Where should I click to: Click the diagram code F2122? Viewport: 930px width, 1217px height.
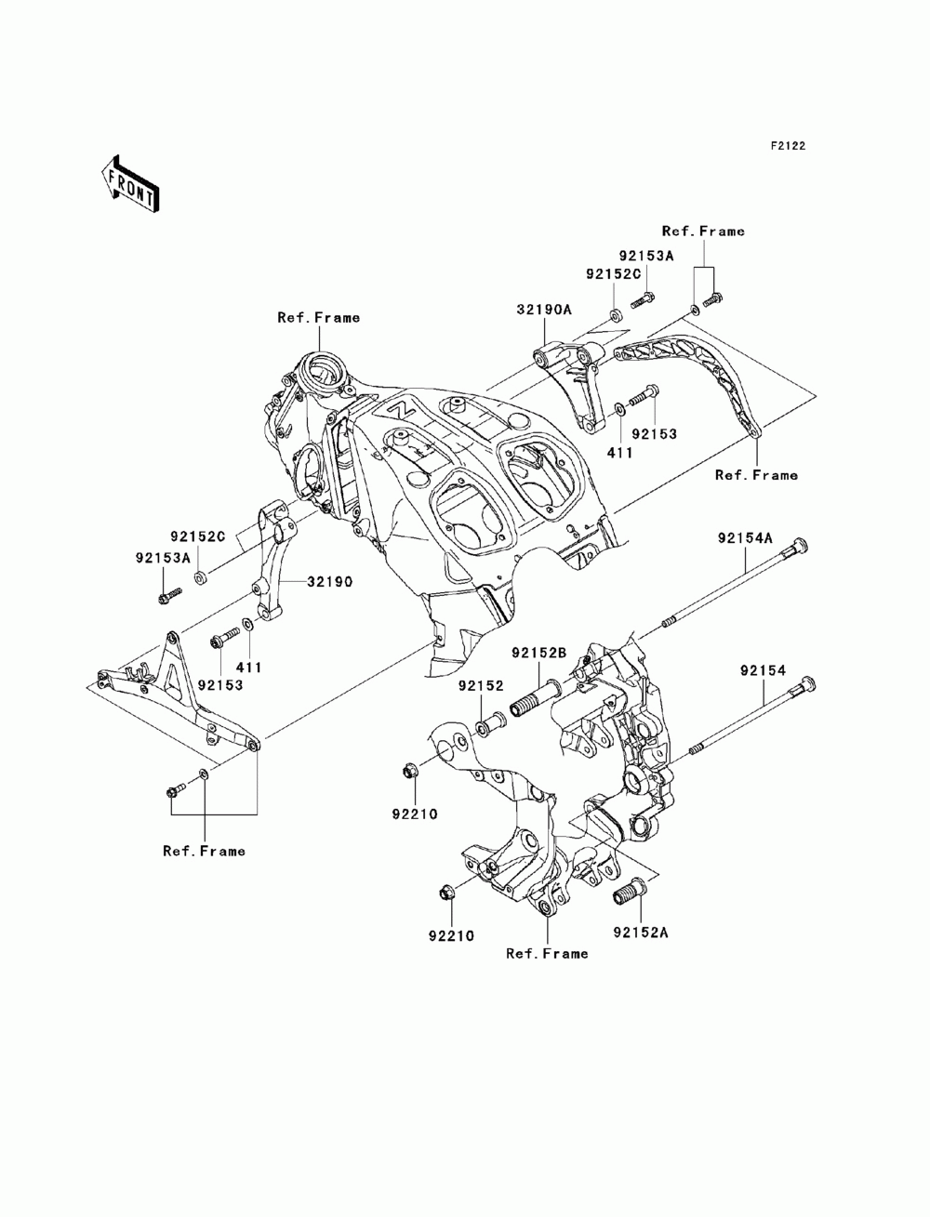[786, 146]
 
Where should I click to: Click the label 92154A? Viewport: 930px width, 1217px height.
[744, 538]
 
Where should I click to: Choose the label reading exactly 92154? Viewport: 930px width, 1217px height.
[763, 669]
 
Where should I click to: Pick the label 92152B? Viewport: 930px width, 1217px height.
[538, 654]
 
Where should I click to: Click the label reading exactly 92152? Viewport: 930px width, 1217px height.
[480, 686]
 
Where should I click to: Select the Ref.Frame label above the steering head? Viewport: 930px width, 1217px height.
[318, 318]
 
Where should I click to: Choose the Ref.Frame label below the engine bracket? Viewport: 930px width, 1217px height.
[547, 953]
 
